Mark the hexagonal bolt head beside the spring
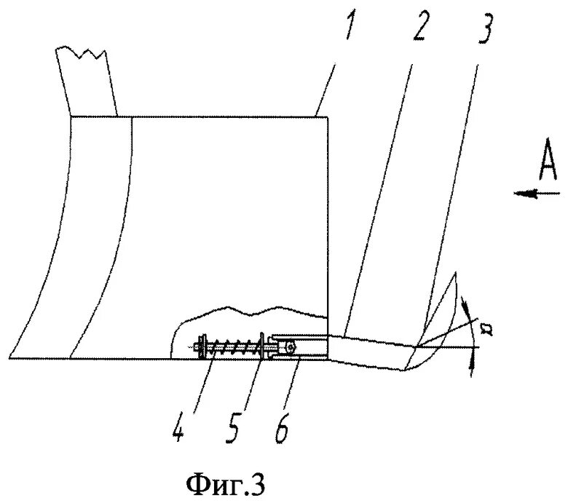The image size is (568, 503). [291, 348]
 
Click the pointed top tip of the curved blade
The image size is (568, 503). [455, 273]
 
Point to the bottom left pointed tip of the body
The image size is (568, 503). [12, 358]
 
